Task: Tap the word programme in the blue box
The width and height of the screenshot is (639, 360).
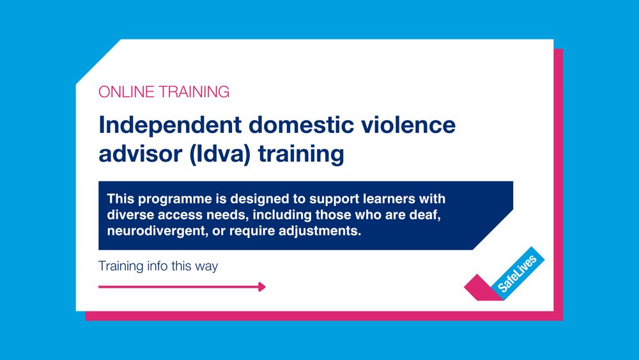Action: click(x=173, y=198)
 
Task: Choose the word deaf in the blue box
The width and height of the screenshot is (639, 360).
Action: click(x=428, y=214)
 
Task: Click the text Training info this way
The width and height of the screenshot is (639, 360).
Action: click(x=158, y=266)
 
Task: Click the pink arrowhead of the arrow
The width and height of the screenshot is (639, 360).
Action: click(x=261, y=287)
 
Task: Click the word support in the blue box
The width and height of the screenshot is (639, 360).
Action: click(x=330, y=198)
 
